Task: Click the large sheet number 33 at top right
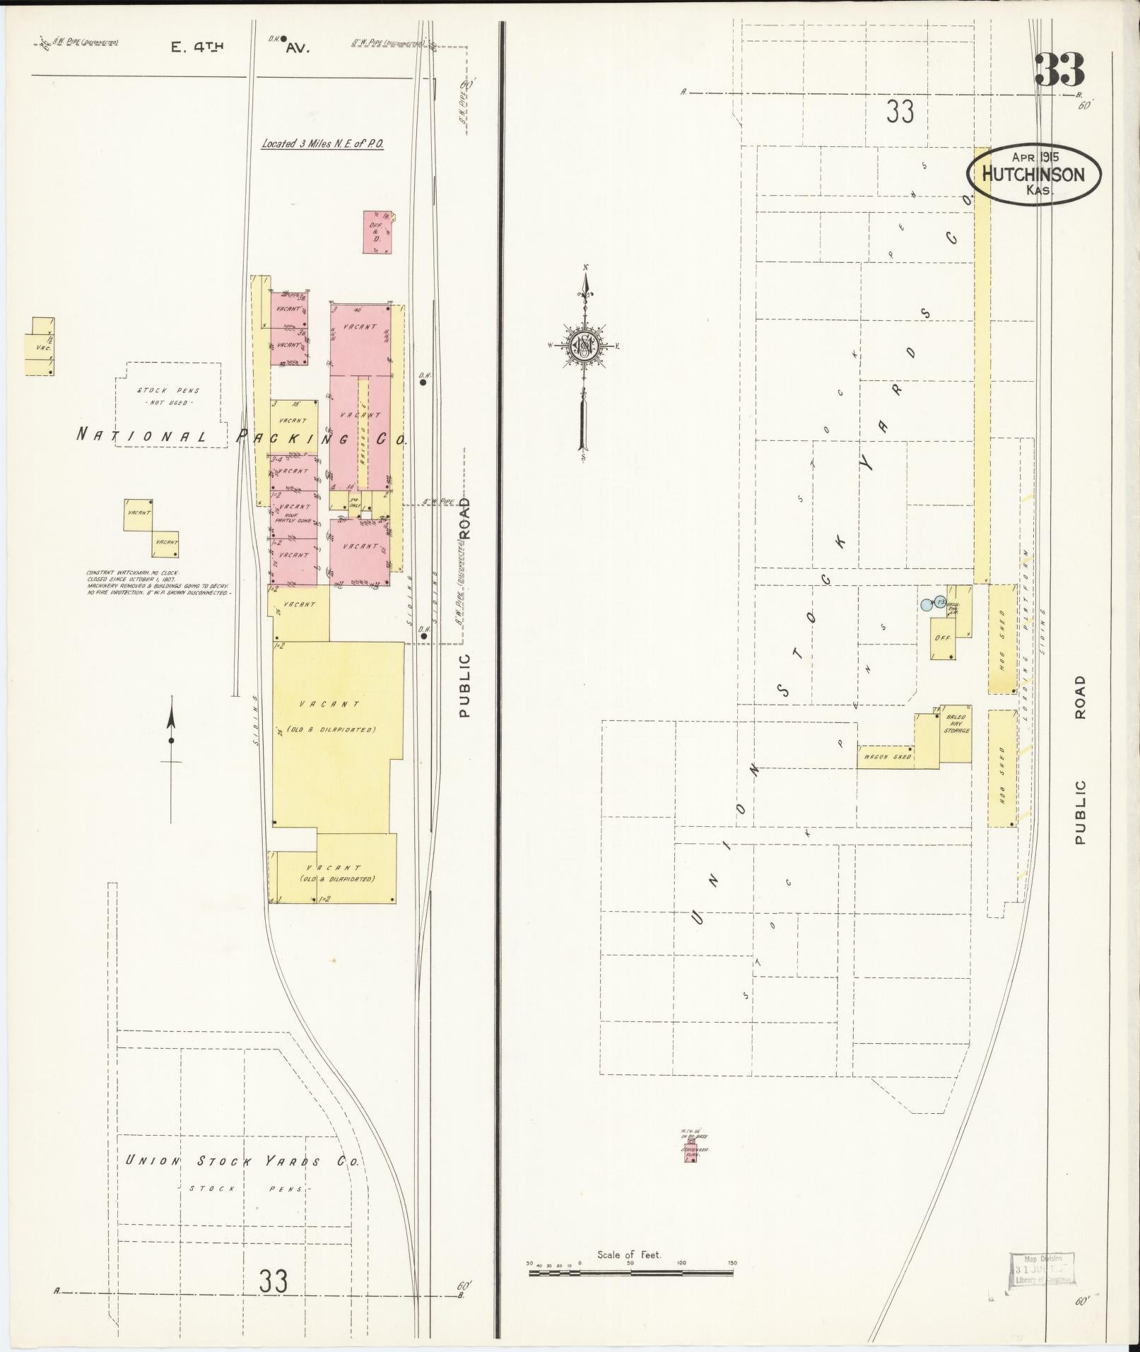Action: pos(1059,70)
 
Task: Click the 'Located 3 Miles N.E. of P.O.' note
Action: pos(322,143)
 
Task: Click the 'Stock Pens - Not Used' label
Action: pos(168,396)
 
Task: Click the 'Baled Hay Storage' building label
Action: pos(956,724)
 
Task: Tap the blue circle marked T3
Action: pos(939,601)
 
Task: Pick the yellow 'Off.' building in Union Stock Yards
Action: pos(942,637)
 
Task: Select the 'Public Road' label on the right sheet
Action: pos(1079,760)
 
